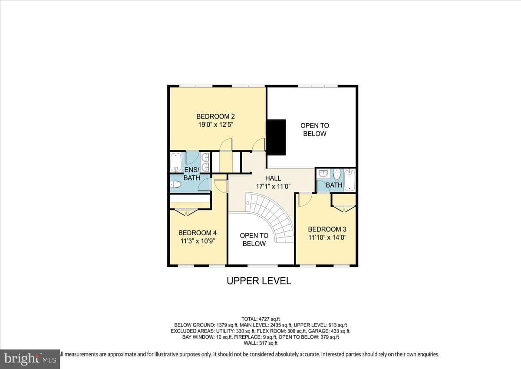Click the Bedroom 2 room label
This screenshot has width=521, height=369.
pyautogui.click(x=215, y=116)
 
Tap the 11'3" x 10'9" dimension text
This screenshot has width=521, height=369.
pyautogui.click(x=198, y=241)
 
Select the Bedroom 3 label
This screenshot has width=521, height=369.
pyautogui.click(x=327, y=229)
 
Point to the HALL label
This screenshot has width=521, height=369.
pyautogui.click(x=273, y=178)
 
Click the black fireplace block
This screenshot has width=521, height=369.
pyautogui.click(x=276, y=138)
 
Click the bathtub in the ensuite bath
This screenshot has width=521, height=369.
pyautogui.click(x=176, y=162)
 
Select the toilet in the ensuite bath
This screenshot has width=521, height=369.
pyautogui.click(x=176, y=185)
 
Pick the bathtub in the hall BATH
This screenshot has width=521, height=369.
pyautogui.click(x=350, y=181)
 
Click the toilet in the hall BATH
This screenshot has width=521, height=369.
pyautogui.click(x=337, y=175)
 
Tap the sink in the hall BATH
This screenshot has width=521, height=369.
pyautogui.click(x=323, y=173)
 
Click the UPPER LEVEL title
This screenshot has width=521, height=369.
pyautogui.click(x=259, y=281)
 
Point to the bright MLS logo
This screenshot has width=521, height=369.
pyautogui.click(x=30, y=359)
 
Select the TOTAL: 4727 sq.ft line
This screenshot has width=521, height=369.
pyautogui.click(x=260, y=319)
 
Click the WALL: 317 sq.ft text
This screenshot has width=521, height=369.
pyautogui.click(x=260, y=343)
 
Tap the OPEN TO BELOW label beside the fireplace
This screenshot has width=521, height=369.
pyautogui.click(x=315, y=129)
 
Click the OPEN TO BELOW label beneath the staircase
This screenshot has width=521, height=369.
pyautogui.click(x=254, y=240)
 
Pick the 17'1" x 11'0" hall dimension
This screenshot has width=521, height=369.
pyautogui.click(x=273, y=187)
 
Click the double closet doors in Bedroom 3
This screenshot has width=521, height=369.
pyautogui.click(x=344, y=209)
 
